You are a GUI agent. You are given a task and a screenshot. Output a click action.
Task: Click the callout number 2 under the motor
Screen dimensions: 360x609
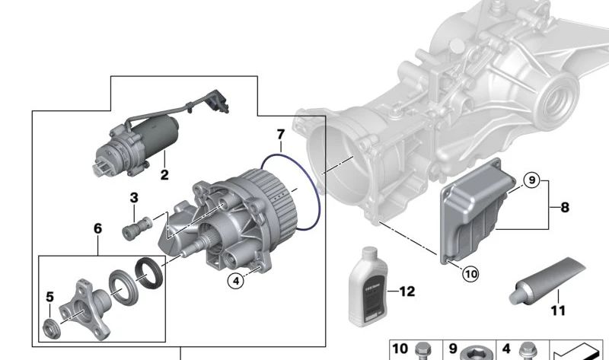coord(164,175)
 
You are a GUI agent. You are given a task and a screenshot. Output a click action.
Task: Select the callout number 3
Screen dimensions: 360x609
coord(134,198)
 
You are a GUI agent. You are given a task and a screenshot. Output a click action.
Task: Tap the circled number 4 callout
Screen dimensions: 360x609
coord(237,281)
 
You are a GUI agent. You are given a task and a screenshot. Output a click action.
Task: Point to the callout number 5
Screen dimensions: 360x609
coord(50,297)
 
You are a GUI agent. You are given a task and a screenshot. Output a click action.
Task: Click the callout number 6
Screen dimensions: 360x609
coord(97,228)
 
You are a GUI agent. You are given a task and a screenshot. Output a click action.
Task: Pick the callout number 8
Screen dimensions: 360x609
coord(564,206)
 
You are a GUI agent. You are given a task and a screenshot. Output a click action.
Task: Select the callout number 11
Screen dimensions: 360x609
coord(559,311)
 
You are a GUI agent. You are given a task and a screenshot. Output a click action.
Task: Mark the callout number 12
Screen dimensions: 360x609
coord(407,291)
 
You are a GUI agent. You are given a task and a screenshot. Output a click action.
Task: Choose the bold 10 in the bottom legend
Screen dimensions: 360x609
coord(400,349)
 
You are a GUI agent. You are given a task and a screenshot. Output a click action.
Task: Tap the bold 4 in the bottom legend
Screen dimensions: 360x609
coord(505,349)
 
